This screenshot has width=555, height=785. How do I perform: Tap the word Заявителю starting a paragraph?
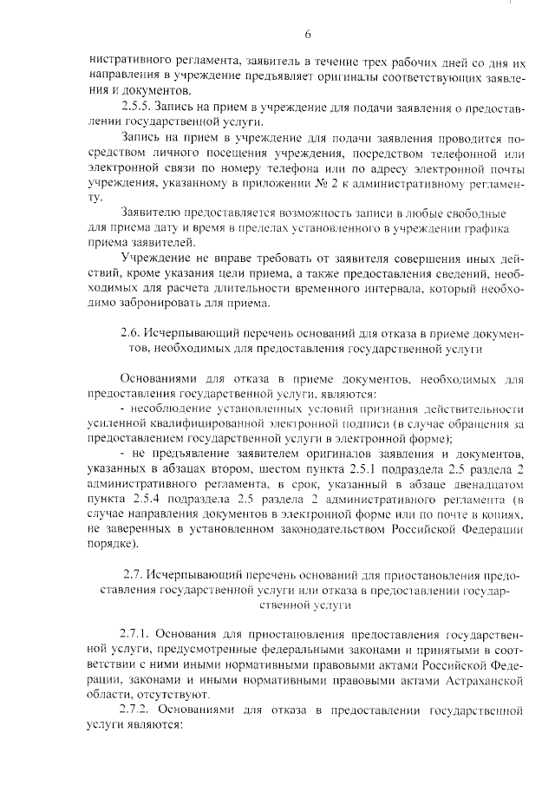coord(154,213)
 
